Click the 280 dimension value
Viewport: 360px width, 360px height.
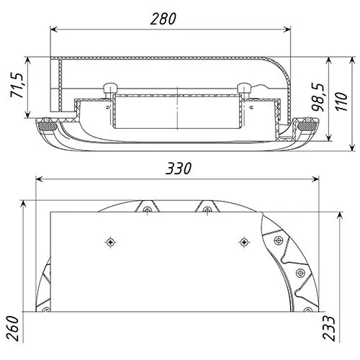click(163, 19)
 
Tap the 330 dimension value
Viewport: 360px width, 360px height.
click(179, 168)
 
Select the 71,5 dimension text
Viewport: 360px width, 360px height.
click(17, 85)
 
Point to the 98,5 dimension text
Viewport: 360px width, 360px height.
click(318, 97)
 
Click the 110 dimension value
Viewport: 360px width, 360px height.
click(341, 102)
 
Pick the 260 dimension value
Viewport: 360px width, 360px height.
click(12, 328)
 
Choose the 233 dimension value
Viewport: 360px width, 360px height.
click(329, 328)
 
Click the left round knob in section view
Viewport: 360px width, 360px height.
click(110, 88)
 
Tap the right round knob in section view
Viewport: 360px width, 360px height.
click(244, 88)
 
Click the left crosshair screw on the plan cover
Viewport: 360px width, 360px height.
click(111, 242)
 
